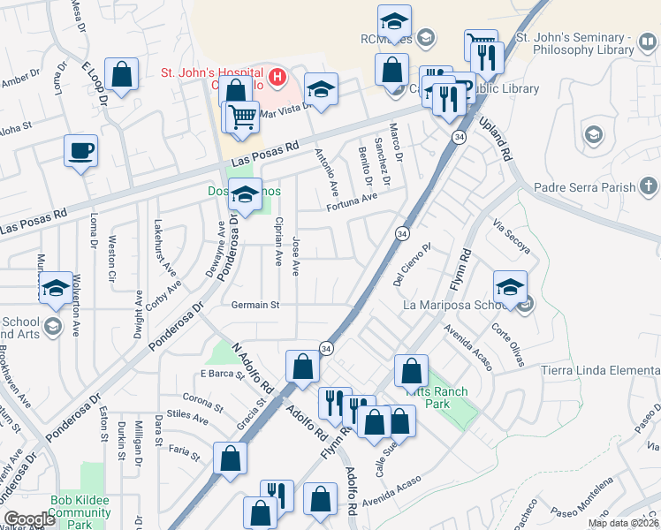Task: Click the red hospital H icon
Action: [x=278, y=77]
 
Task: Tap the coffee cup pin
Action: [x=80, y=151]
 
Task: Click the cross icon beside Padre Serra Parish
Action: [x=649, y=186]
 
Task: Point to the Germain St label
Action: [x=255, y=306]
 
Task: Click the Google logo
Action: [x=29, y=519]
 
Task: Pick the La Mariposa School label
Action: [x=457, y=306]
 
